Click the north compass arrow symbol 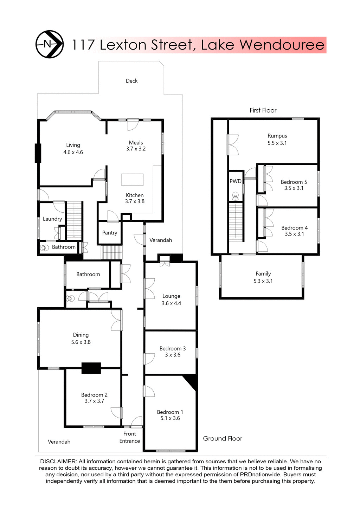(x=50, y=44)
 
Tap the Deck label (x=131, y=81)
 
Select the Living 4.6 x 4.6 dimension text (x=73, y=152)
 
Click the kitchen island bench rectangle (x=133, y=179)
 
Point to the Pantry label (x=110, y=233)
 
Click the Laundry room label (x=52, y=219)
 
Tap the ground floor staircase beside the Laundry (x=74, y=220)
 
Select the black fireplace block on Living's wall (x=38, y=153)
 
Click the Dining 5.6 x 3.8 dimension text (x=81, y=342)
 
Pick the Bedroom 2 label (x=94, y=395)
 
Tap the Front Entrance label (x=129, y=437)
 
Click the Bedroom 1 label (x=170, y=412)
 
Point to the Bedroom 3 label (x=173, y=348)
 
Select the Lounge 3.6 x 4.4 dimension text (x=171, y=303)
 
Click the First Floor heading (x=263, y=110)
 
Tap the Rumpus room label (x=277, y=136)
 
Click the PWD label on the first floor (x=236, y=181)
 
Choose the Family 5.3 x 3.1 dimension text (x=263, y=281)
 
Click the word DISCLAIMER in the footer (x=58, y=461)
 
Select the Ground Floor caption (x=223, y=438)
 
